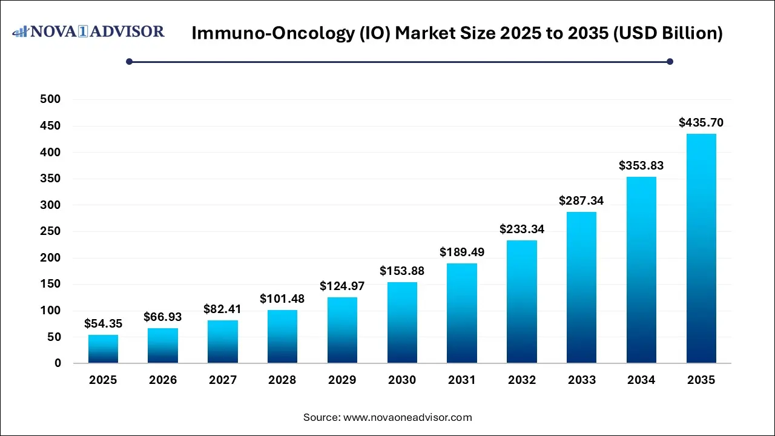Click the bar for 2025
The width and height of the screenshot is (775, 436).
click(x=103, y=349)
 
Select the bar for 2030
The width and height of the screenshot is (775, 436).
click(x=402, y=322)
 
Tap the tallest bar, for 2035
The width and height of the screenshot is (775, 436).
click(x=701, y=248)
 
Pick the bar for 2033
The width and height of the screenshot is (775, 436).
click(x=581, y=287)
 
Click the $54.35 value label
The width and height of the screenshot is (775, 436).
click(x=103, y=323)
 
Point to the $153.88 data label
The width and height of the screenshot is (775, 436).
click(x=402, y=271)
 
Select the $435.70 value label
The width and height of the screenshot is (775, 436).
click(x=701, y=122)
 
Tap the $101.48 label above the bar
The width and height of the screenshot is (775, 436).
click(x=282, y=299)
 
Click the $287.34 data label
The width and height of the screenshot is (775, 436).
click(x=581, y=200)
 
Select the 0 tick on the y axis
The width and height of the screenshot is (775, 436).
click(x=58, y=363)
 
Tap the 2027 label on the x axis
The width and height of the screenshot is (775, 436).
click(x=223, y=380)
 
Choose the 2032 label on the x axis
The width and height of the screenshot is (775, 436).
click(x=522, y=380)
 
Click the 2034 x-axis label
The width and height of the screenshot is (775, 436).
click(x=641, y=380)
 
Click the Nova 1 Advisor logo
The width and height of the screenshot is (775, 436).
click(x=88, y=31)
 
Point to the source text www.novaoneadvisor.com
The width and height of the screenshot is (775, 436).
click(x=407, y=417)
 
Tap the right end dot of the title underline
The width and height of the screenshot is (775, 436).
click(x=670, y=61)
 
